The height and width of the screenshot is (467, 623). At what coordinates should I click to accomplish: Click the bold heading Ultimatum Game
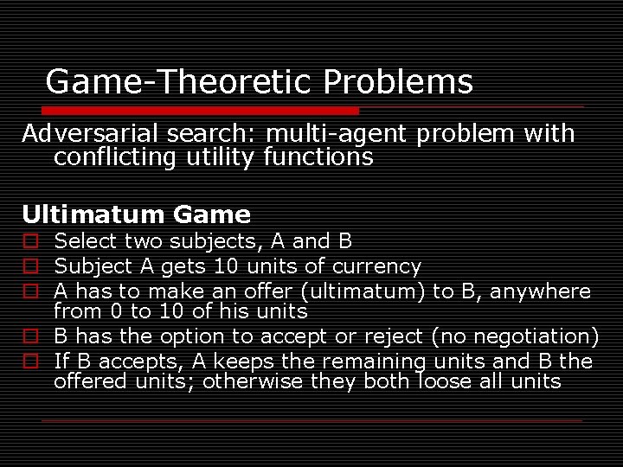(136, 214)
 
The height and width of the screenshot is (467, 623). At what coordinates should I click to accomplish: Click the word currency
(380, 266)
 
